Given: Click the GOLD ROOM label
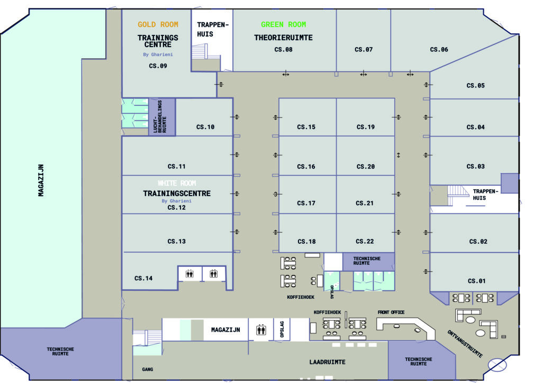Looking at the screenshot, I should point(158,24).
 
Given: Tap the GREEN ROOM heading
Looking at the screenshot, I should point(283,24).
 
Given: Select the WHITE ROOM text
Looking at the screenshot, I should point(176,183).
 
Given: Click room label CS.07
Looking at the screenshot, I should point(364,50).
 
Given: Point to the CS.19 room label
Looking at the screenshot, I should point(365,127).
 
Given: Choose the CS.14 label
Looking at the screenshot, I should point(143,278).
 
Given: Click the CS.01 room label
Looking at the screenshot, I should point(476,281).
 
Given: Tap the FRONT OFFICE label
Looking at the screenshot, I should point(391,313).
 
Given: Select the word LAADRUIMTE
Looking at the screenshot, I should point(327,362).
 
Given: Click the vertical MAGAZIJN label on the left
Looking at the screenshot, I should point(41,180).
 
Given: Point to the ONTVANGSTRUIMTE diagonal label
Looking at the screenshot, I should point(465,343).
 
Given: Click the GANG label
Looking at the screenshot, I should point(147,369).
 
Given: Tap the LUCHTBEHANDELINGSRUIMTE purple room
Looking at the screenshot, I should point(161,117).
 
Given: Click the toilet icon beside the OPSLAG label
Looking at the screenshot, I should point(260,329).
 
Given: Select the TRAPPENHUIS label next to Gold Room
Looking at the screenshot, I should point(212,29).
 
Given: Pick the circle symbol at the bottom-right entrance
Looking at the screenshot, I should point(497,365).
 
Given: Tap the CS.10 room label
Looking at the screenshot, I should point(205,127).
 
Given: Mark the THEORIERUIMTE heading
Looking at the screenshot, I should point(283,38).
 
